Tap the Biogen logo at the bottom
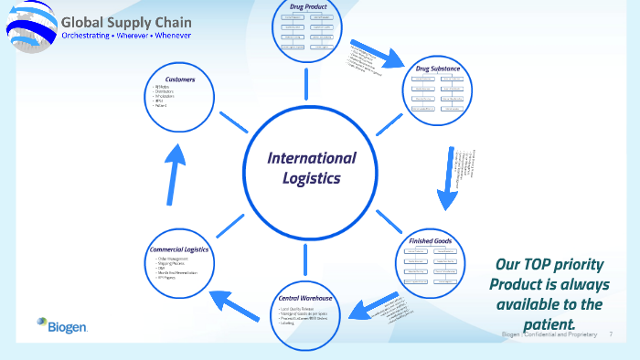coord(61,323)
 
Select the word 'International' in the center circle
coord(311,158)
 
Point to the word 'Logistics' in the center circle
coord(311,177)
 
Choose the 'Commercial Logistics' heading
coord(178,249)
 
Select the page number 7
coord(611,334)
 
